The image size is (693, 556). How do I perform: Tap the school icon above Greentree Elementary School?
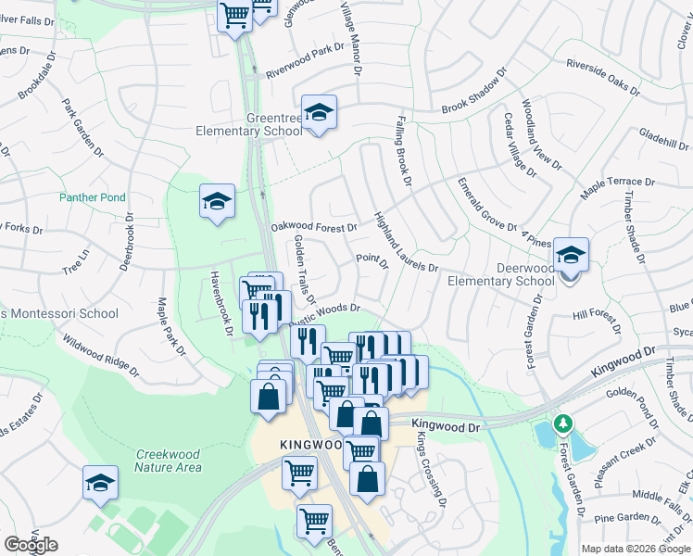(319, 113)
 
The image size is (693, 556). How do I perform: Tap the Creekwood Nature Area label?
(169, 461)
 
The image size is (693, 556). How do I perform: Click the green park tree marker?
(562, 423)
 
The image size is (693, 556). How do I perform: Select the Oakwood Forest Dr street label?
(313, 227)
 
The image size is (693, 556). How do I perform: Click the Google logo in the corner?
(30, 545)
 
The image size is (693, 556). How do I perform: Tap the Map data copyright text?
(636, 549)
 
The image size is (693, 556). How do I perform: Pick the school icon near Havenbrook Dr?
(217, 202)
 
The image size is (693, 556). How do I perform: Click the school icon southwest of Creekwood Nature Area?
(100, 483)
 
